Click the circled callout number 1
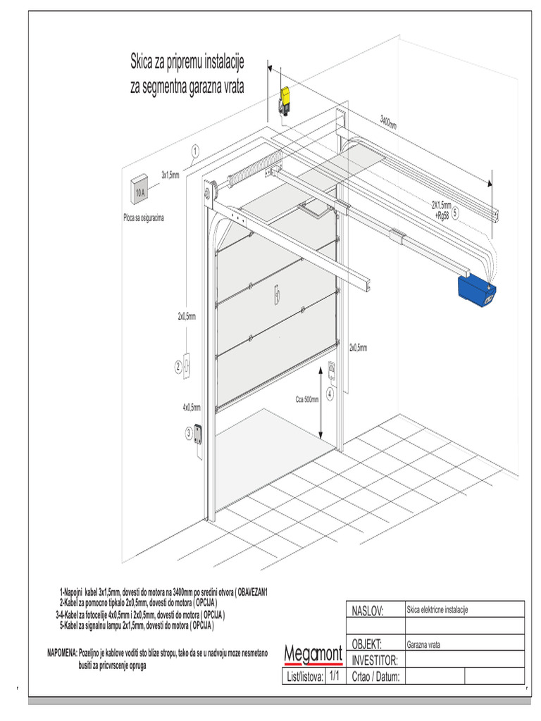(194, 149)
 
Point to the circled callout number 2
(178, 366)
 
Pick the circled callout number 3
(189, 432)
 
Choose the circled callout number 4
(330, 394)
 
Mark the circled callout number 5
(455, 212)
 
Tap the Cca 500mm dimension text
(307, 399)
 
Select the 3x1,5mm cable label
(170, 174)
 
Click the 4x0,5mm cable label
(192, 407)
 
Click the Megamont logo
(313, 655)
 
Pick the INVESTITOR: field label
(375, 660)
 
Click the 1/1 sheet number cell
(334, 676)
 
